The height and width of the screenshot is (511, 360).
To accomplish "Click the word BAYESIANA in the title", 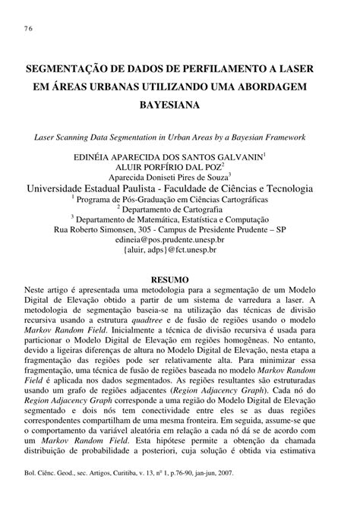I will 179,105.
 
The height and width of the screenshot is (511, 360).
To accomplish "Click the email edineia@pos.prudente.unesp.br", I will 179,238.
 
